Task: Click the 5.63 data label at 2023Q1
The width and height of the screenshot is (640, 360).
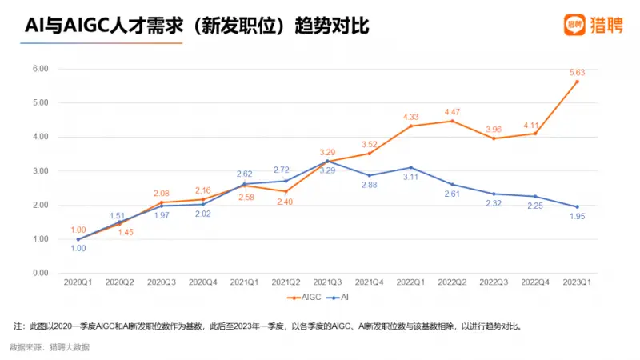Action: [576, 72]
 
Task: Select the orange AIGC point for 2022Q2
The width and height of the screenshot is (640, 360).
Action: [452, 121]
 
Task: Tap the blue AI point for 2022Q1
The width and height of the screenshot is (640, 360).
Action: [410, 167]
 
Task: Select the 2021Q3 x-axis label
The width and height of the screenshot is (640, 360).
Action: [327, 282]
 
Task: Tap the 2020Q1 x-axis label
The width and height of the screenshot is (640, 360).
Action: [78, 282]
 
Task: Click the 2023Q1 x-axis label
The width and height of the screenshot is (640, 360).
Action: [577, 282]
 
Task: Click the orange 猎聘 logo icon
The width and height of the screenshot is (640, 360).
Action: [574, 25]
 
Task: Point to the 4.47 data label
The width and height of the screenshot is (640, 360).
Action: [452, 111]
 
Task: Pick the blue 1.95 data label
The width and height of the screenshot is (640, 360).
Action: [578, 217]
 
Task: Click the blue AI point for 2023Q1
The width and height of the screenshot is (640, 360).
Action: [577, 207]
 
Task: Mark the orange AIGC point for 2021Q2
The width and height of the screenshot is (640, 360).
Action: [286, 191]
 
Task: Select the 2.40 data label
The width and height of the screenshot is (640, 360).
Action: [286, 202]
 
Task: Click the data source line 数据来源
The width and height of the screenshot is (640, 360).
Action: [50, 347]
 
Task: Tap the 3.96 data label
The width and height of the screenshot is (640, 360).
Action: [494, 129]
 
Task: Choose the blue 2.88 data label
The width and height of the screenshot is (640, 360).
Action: [369, 186]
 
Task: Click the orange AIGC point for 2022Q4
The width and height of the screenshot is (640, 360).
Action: [535, 134]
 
